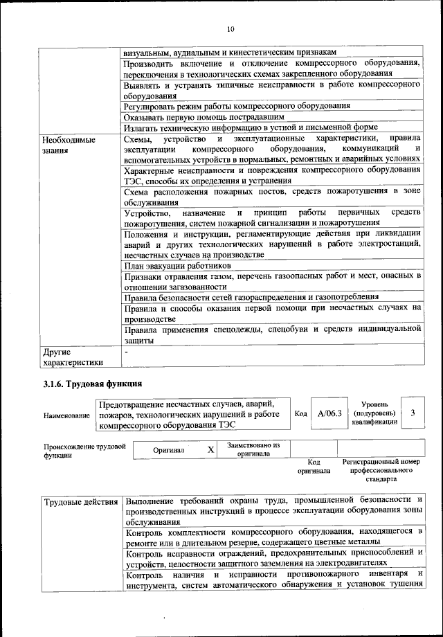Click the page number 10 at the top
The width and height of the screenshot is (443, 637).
point(230,29)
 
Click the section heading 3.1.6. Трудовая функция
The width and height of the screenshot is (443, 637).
point(90,383)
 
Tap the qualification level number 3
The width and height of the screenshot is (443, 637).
point(413,413)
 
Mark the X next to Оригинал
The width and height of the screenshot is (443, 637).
point(210,449)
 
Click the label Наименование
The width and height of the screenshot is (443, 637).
point(66,415)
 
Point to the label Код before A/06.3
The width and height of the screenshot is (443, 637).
point(300,413)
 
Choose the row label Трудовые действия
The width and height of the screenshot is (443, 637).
point(82,501)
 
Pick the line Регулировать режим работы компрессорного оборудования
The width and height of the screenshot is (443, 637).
point(237,106)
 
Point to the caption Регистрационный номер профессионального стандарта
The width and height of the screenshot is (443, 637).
point(381,469)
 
